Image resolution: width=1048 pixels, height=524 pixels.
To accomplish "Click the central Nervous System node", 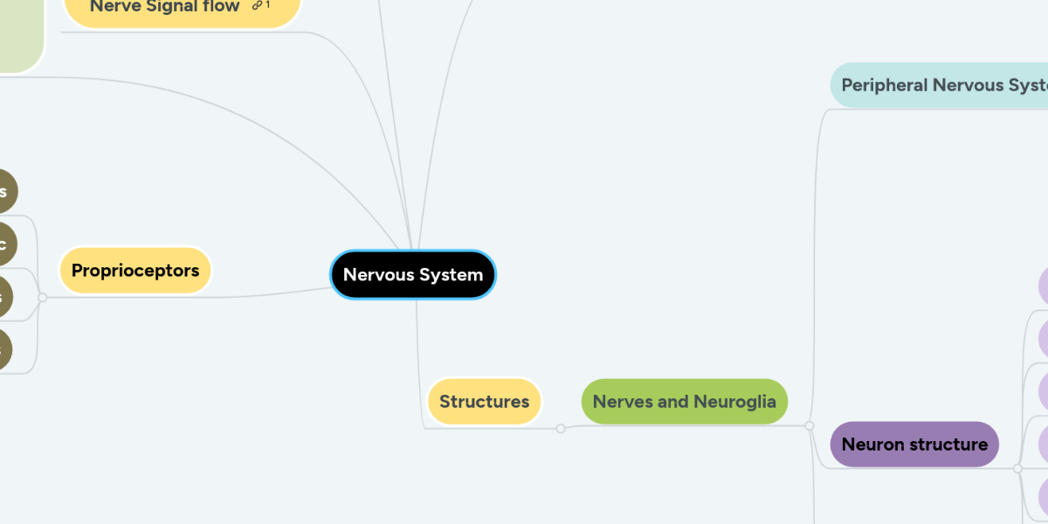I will click(413, 275).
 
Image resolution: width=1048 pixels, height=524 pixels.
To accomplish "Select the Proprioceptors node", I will click(135, 271).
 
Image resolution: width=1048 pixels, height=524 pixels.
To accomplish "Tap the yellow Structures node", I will click(485, 402).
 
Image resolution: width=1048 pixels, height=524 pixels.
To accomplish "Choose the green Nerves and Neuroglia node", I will click(684, 402).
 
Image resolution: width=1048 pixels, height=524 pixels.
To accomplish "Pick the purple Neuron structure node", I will click(914, 445).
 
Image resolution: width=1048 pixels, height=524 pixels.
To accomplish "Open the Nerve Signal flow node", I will click(165, 7).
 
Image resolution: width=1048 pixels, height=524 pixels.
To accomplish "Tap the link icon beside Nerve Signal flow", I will click(258, 6).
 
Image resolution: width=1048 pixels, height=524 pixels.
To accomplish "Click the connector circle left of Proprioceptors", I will click(42, 298).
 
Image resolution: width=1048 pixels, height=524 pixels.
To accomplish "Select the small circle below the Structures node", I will click(561, 428).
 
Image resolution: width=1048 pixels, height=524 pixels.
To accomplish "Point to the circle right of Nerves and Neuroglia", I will click(810, 426).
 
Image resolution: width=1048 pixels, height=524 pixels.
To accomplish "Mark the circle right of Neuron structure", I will click(1017, 469).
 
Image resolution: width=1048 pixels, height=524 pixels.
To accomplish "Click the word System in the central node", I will click(449, 275).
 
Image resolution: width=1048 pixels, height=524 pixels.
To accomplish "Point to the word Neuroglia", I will click(734, 402).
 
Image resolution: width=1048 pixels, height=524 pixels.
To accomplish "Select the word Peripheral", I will click(884, 86).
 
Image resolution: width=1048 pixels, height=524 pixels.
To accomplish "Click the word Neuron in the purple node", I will click(872, 445).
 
